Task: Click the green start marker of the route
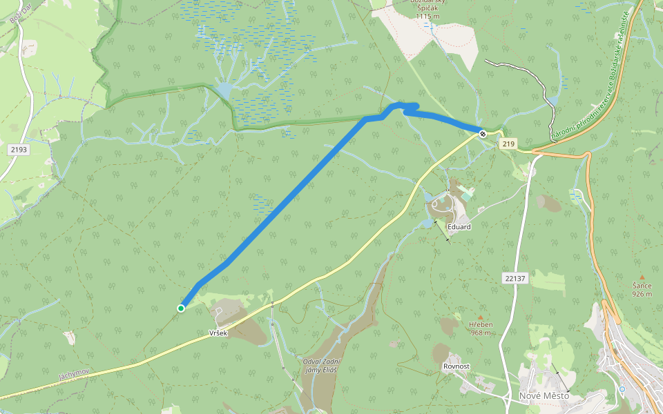(181, 308)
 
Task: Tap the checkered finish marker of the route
(483, 133)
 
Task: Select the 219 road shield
(509, 144)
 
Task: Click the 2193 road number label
(19, 149)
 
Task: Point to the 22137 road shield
(515, 278)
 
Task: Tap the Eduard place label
(459, 227)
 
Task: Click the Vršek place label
(218, 333)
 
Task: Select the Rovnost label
(457, 366)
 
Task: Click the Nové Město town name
(544, 396)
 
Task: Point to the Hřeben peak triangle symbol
(481, 317)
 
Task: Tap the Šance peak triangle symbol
(642, 277)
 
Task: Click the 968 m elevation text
(480, 333)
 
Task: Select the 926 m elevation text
(642, 294)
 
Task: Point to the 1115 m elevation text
(427, 16)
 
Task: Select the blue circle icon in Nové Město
(622, 389)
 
